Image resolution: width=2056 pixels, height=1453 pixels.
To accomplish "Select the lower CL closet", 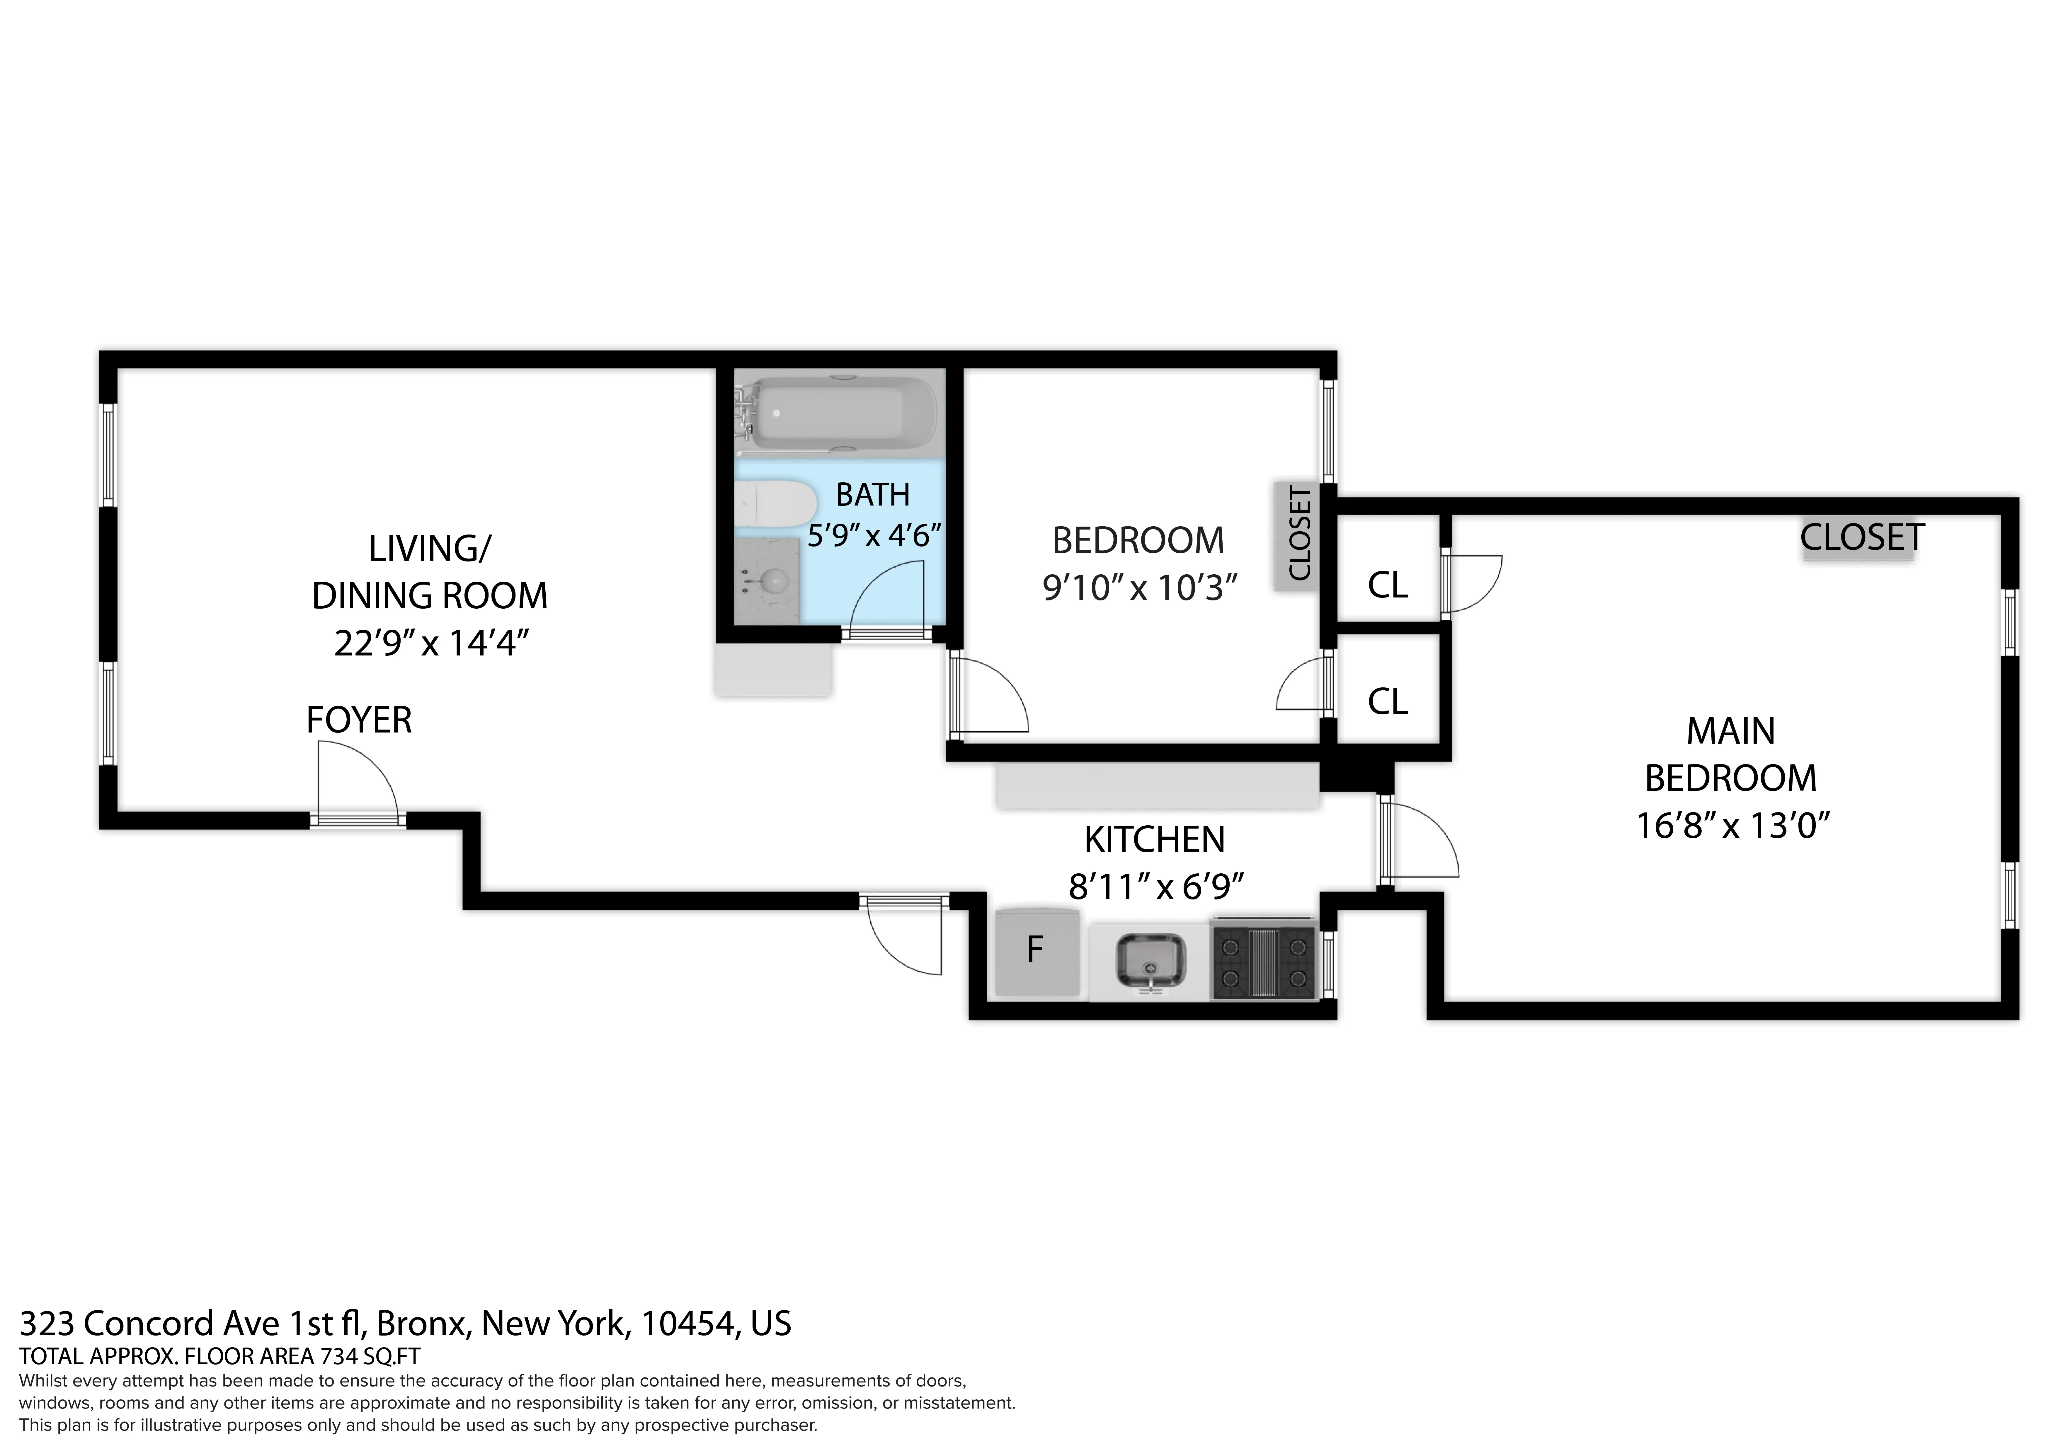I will (x=1387, y=701).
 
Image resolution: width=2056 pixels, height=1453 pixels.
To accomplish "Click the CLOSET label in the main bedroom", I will (x=1861, y=537).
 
